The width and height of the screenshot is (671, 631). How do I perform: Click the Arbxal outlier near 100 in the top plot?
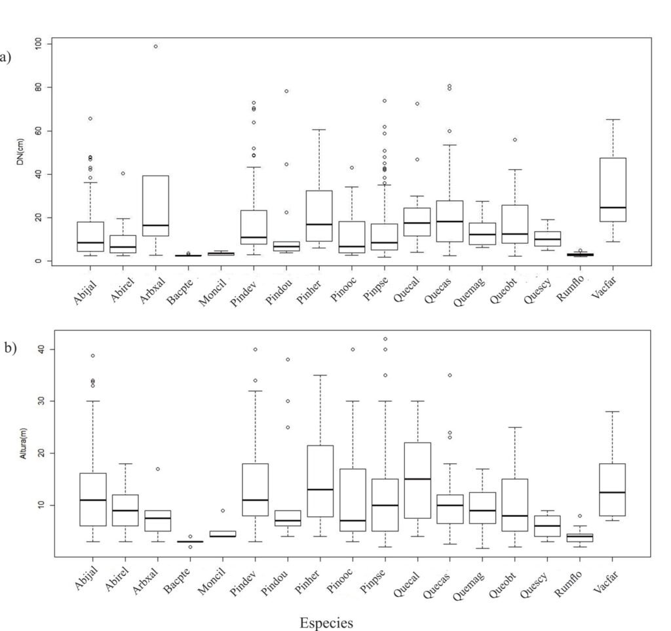(155, 47)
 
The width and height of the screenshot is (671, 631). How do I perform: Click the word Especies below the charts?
(326, 622)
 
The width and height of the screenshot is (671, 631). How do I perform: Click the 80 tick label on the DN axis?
(39, 87)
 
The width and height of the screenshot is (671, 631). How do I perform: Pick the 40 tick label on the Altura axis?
(39, 349)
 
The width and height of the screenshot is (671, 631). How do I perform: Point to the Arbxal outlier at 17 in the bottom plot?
(158, 469)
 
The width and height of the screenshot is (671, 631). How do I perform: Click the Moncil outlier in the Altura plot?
(223, 510)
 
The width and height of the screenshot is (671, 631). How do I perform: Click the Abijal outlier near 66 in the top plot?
(90, 119)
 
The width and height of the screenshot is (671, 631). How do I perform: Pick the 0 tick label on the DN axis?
(39, 261)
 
